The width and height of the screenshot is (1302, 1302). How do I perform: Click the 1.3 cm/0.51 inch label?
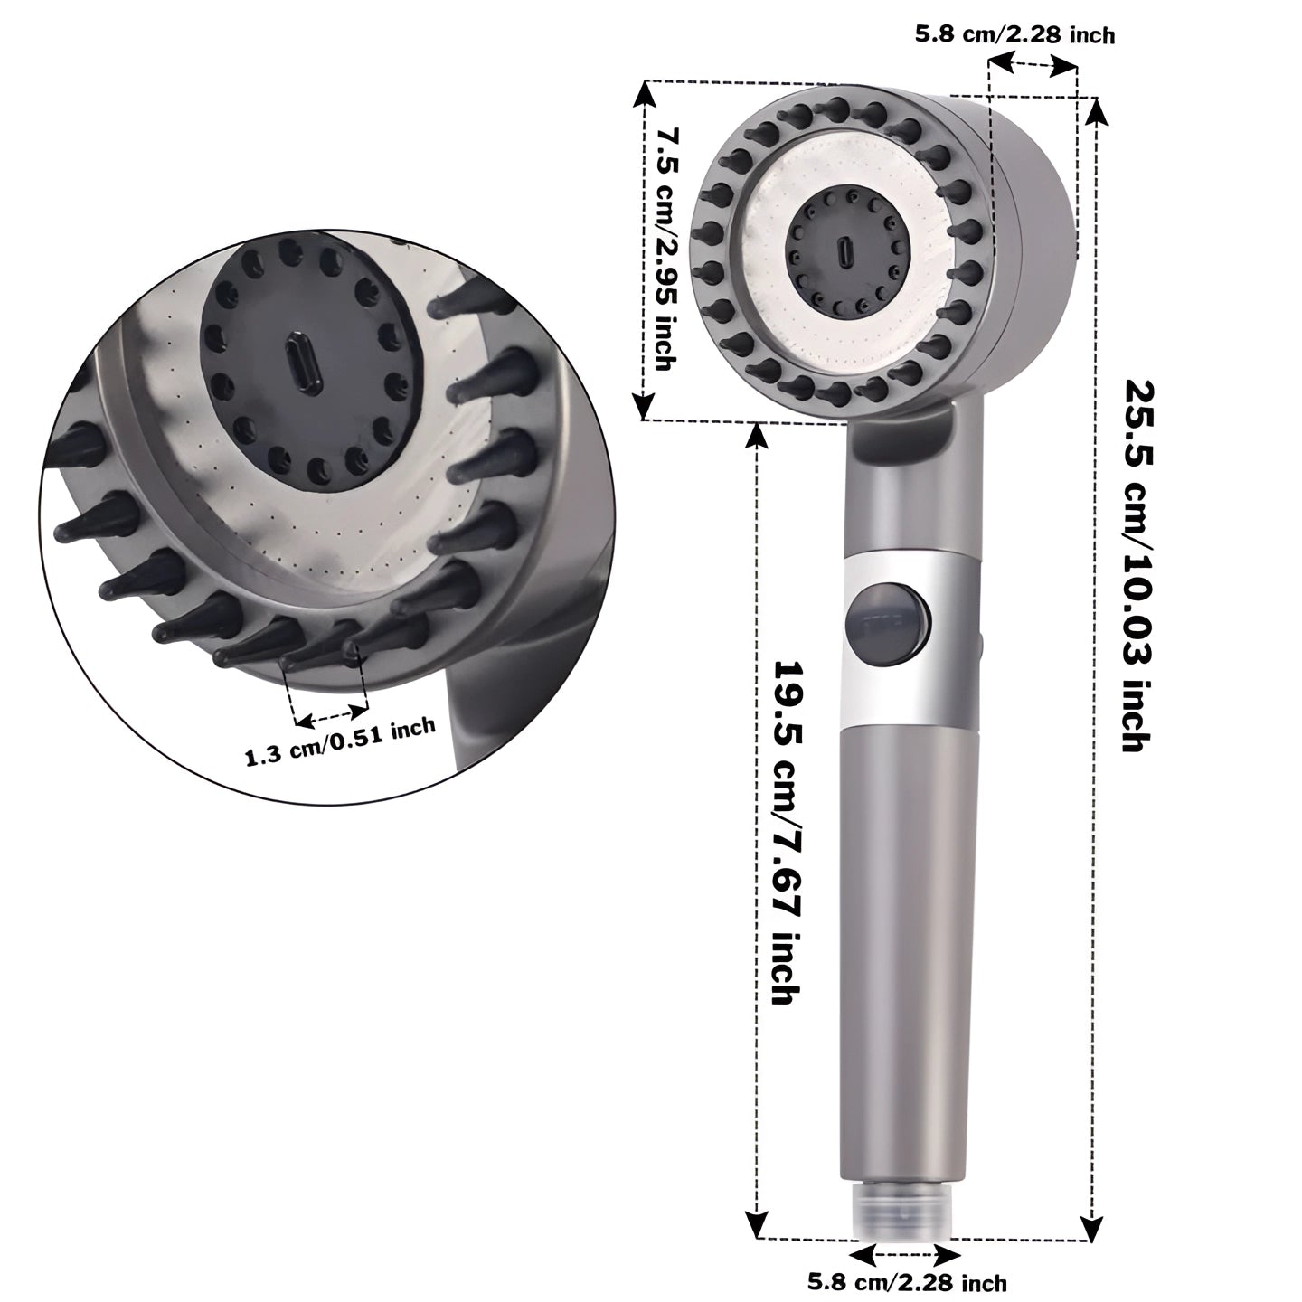[x=340, y=741]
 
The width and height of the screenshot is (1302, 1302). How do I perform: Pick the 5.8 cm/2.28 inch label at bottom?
[x=907, y=1280]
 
